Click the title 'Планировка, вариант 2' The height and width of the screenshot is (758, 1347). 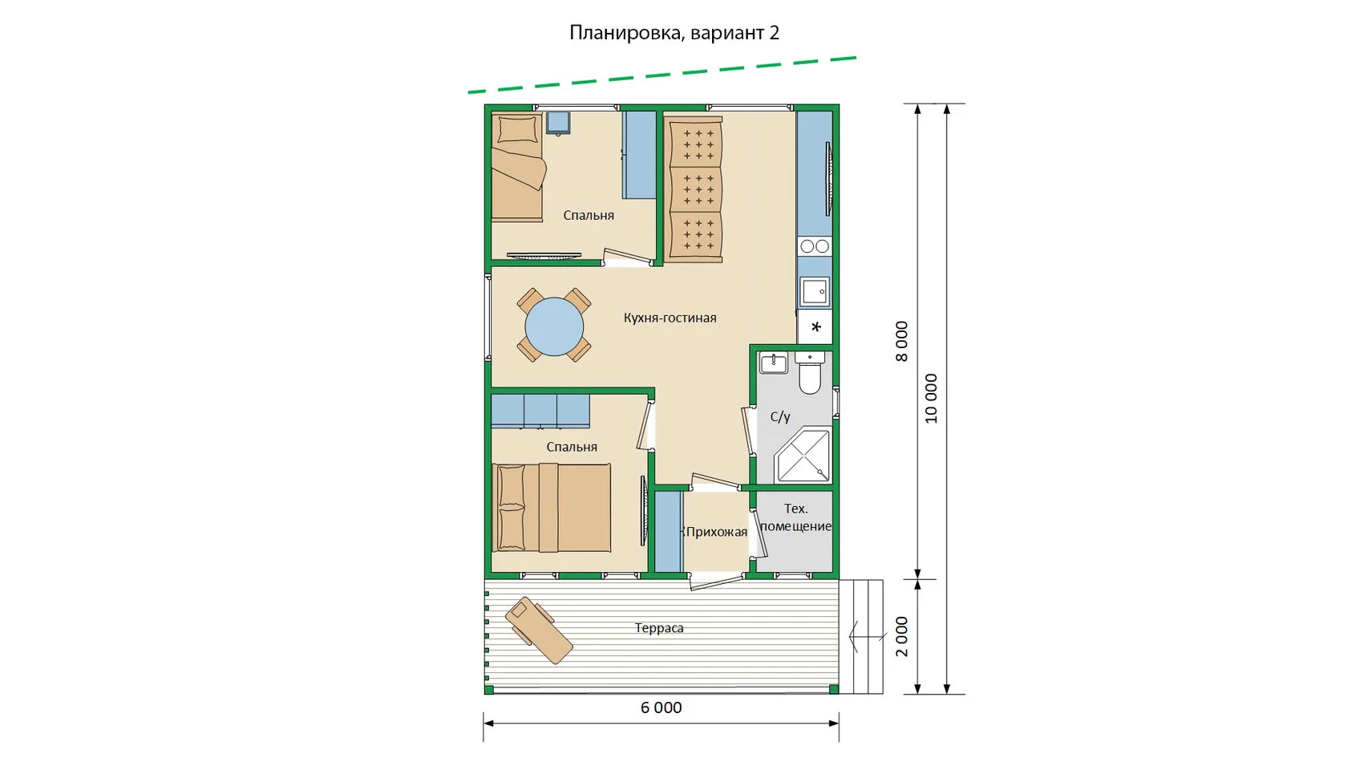[x=674, y=32]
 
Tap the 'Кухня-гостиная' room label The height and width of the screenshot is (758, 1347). [x=670, y=318]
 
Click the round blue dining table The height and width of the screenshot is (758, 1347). [x=554, y=326]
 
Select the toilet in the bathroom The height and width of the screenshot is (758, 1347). [x=810, y=373]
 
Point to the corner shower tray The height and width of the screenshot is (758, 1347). [x=802, y=456]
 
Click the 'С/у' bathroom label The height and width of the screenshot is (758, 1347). [x=780, y=416]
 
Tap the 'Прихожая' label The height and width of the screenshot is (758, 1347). [x=716, y=532]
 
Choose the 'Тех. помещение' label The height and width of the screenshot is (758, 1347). [x=795, y=517]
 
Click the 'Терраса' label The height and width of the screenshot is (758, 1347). [x=659, y=628]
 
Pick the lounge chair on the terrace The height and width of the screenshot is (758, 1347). [x=539, y=630]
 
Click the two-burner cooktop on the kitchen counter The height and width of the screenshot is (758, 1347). [x=815, y=246]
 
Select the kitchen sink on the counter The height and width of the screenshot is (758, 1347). [x=815, y=292]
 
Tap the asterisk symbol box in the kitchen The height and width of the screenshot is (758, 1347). [x=815, y=327]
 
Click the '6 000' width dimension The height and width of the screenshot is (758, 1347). [x=661, y=707]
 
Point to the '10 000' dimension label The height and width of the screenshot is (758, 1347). [x=931, y=398]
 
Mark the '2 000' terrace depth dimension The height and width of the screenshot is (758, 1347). [x=902, y=637]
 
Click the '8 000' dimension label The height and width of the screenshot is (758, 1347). [x=902, y=341]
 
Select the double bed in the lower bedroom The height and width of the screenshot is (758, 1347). [x=552, y=508]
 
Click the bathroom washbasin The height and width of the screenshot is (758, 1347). [x=773, y=363]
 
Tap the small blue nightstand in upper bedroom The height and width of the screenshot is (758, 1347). [x=558, y=124]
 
